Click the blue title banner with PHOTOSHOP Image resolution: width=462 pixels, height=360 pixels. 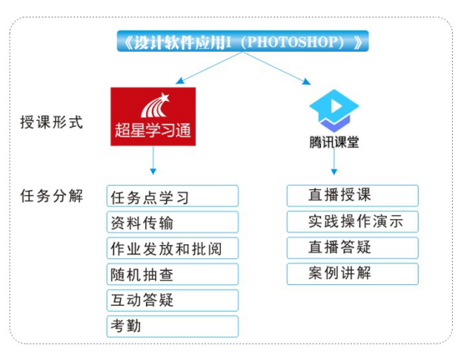click(243, 41)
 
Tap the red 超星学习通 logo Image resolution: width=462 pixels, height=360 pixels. click(153, 117)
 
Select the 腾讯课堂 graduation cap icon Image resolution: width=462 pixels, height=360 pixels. click(334, 110)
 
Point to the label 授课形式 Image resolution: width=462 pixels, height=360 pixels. click(51, 122)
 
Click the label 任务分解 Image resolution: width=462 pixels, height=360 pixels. click(51, 196)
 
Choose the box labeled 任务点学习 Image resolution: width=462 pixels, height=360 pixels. click(173, 196)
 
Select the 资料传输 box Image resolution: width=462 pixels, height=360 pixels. click(173, 222)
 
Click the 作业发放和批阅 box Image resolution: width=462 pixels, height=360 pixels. click(173, 248)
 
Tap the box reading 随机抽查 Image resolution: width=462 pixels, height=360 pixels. click(173, 274)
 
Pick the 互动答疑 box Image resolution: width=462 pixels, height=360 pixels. click(173, 300)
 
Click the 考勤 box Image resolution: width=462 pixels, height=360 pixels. click(173, 326)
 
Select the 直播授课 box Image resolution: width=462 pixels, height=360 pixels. click(353, 196)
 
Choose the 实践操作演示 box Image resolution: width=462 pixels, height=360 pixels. click(353, 222)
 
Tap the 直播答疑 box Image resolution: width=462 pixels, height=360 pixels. click(353, 247)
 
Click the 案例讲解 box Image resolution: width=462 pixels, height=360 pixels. click(353, 274)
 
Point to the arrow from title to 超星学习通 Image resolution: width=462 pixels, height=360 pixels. click(209, 68)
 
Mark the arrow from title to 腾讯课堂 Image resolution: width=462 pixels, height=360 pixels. click(277, 68)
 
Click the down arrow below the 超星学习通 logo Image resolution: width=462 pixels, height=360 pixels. click(153, 160)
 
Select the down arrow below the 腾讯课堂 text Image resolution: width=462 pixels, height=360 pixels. click(334, 161)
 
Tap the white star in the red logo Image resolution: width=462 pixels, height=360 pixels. click(164, 97)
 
